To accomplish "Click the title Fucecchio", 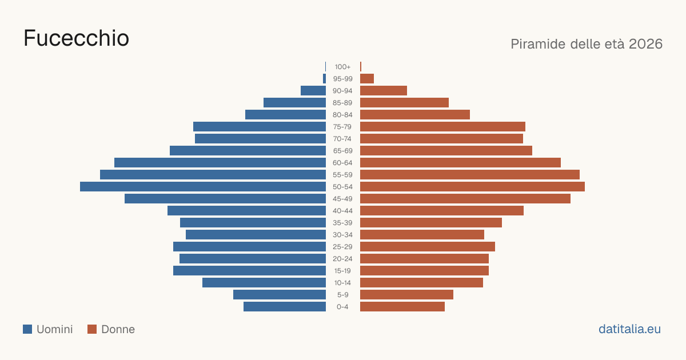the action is coord(76,38).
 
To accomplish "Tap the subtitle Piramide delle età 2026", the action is coord(587,44).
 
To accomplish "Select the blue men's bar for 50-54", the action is coord(203,187).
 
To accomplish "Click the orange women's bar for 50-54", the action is coord(472,187).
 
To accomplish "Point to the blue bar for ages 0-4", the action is coord(285,307).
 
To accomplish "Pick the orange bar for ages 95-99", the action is coord(367,79).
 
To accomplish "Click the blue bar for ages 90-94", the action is coord(313,91).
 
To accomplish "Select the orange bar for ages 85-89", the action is coord(404,102).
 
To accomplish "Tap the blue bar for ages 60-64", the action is coord(220,162).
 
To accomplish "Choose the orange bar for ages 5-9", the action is coord(406,295).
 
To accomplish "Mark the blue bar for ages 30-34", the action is coord(256,235).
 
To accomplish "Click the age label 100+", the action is coord(342,67).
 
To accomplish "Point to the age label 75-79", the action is coord(342,127).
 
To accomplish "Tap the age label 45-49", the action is coord(342,199).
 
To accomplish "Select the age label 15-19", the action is coord(342,271).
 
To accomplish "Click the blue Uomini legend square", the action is coord(27,329).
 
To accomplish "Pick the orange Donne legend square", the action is coord(92,329).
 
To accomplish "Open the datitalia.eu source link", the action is coord(629,329).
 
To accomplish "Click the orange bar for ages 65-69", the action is coord(446,151).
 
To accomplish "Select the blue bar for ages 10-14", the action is coord(264,282).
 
